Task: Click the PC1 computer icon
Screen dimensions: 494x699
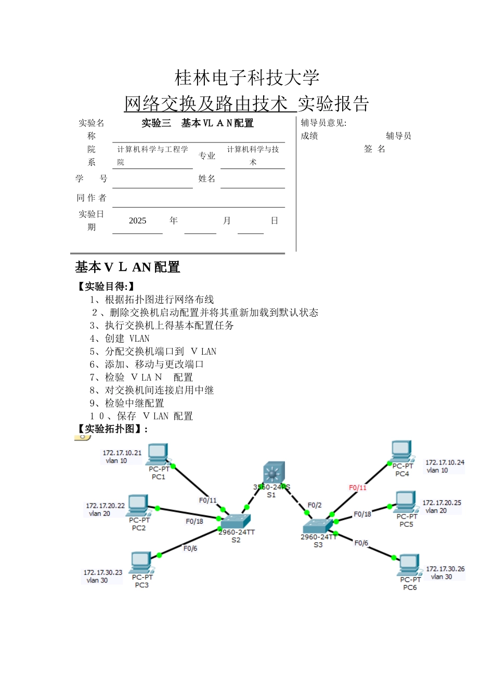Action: point(158,455)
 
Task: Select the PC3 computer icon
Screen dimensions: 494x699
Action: point(141,562)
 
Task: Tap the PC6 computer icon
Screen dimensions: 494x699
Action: point(409,565)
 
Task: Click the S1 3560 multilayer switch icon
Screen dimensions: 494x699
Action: point(274,473)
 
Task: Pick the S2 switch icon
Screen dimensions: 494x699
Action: point(236,521)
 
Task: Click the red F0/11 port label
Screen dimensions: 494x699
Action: point(358,487)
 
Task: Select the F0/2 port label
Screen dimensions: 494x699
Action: point(315,505)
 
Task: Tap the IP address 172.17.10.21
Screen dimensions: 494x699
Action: point(122,453)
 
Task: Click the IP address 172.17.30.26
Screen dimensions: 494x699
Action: point(445,569)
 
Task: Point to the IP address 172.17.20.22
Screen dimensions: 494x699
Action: point(106,506)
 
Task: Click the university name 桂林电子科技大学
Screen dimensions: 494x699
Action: point(247,78)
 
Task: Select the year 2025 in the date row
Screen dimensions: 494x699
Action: point(137,221)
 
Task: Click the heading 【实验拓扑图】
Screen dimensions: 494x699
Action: point(111,429)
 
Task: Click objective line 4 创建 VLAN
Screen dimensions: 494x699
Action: point(120,339)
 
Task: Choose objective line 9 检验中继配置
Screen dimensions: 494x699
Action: point(127,403)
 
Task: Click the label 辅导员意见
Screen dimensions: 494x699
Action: point(323,123)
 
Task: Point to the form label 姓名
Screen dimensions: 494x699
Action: point(206,178)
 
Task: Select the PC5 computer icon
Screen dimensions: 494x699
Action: point(405,502)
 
